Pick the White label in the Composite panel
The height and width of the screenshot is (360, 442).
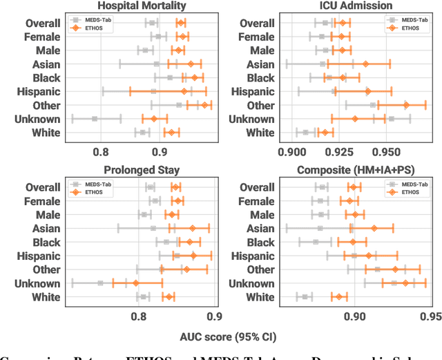pos(260,296)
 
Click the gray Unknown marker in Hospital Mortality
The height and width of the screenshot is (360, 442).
pos(95,118)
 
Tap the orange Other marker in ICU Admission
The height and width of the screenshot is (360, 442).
pos(406,105)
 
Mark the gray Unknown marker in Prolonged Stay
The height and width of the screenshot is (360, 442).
pos(100,283)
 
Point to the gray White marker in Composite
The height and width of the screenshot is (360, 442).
pos(305,296)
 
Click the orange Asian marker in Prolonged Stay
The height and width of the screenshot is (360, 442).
pos(193,227)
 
